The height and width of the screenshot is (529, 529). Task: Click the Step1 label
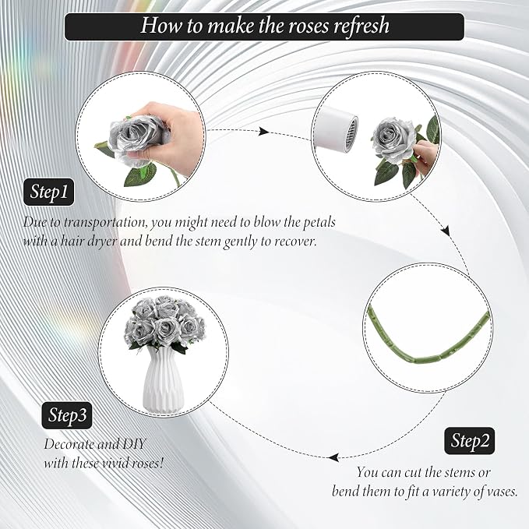(48, 192)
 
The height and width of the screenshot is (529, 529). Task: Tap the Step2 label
(469, 441)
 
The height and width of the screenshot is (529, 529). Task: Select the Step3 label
(67, 415)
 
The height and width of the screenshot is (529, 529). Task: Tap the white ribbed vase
(164, 379)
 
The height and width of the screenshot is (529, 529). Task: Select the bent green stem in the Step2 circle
(427, 340)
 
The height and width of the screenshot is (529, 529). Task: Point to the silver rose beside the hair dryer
(393, 141)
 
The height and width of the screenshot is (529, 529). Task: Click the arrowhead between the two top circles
(263, 132)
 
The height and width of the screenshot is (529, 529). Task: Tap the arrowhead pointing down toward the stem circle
(446, 231)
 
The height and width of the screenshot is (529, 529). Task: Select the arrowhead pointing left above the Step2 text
(333, 458)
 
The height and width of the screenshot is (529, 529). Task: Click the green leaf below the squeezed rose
(140, 175)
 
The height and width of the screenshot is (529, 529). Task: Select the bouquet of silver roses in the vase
(164, 323)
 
